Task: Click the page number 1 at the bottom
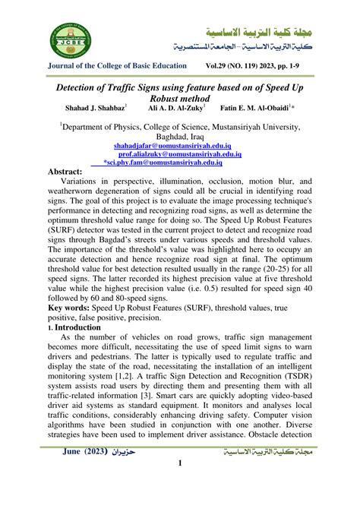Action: click(179, 485)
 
